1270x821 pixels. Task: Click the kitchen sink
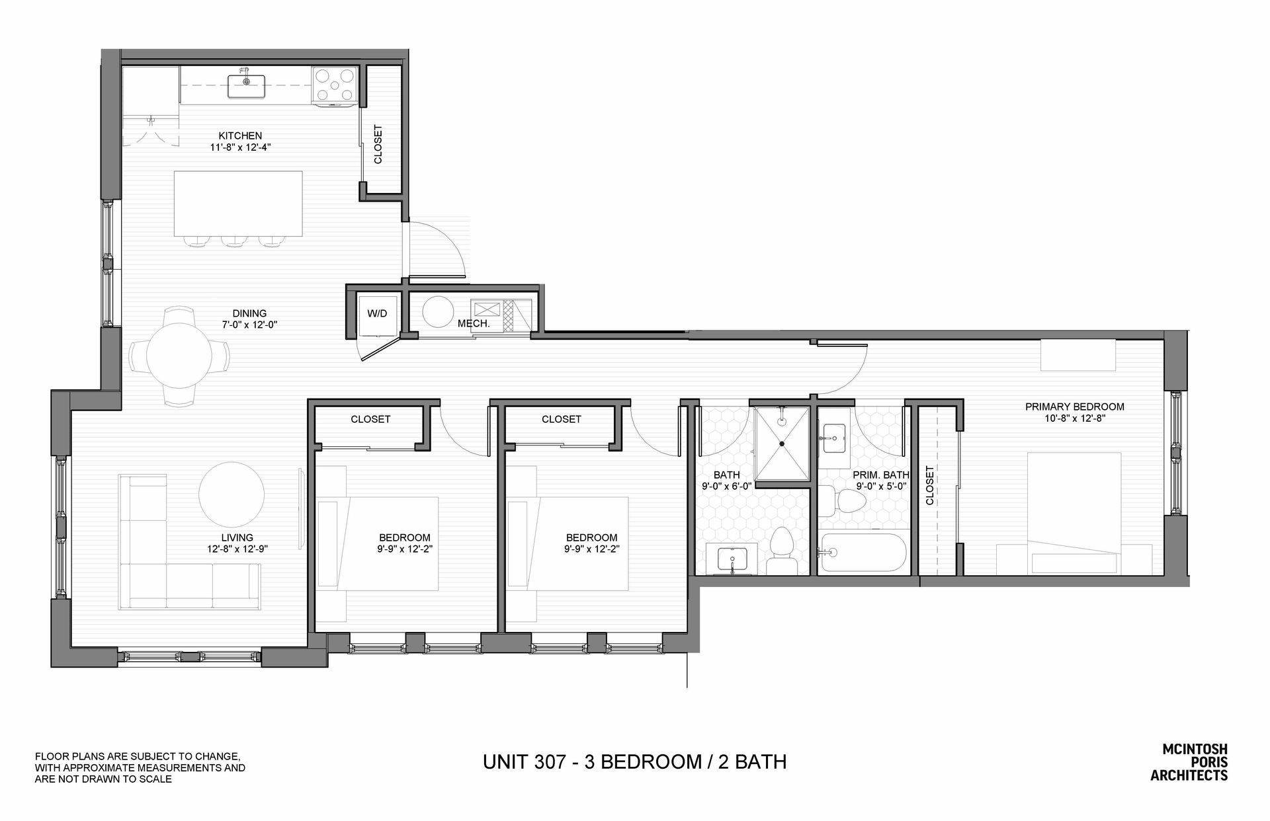246,86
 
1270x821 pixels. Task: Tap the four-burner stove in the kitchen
335,86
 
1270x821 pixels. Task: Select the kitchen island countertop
239,203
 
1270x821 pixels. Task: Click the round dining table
180,357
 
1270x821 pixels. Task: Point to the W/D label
377,313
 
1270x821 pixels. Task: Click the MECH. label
474,324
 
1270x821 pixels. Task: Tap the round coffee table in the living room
232,494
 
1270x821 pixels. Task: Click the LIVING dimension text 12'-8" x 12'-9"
237,549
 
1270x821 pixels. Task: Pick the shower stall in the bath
782,444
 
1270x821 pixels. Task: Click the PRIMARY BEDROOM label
1074,407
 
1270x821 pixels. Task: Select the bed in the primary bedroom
1074,513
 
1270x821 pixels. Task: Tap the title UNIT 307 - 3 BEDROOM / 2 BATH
634,762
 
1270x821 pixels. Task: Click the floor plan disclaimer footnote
140,767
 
